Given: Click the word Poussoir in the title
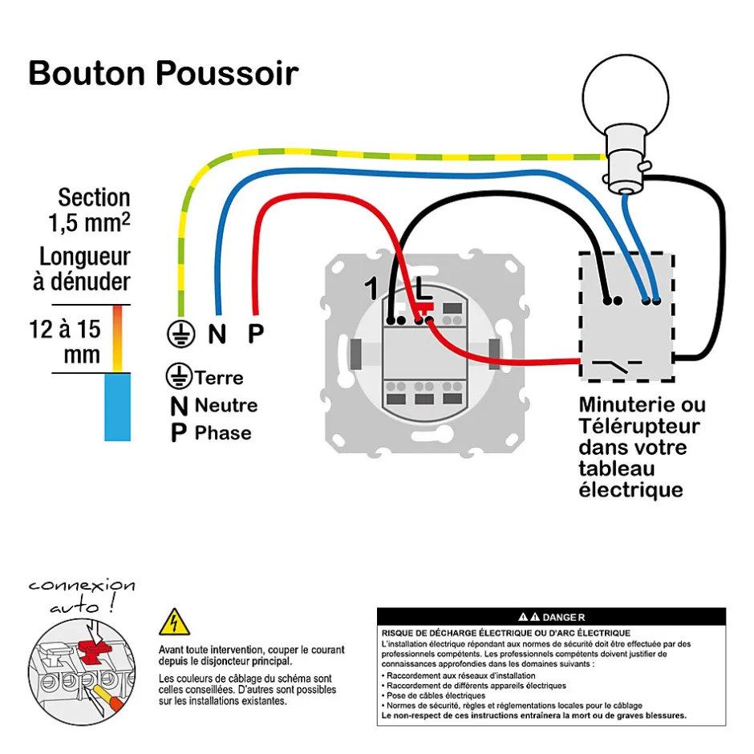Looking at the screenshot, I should click(227, 73).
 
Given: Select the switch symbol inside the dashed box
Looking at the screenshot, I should click(615, 367).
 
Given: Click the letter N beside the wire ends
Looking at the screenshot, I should click(217, 334).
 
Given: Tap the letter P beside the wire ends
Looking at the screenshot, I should click(255, 334).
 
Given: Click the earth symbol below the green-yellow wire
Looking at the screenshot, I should click(180, 334).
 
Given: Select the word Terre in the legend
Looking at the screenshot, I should click(219, 377).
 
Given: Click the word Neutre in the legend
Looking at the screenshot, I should click(226, 405).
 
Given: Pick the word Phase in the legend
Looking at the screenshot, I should click(223, 433).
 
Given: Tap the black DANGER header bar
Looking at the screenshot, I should click(551, 617).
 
